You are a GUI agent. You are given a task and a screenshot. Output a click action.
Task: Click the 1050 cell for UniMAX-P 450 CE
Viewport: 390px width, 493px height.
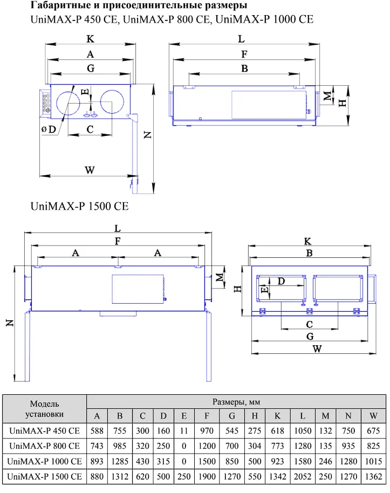coord(302,431)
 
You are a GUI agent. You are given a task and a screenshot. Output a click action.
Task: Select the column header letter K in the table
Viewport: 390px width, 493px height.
coord(277,416)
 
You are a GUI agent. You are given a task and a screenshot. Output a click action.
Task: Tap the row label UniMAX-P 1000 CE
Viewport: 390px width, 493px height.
coord(44,461)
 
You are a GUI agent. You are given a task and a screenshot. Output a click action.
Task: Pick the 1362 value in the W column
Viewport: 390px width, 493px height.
coord(373,476)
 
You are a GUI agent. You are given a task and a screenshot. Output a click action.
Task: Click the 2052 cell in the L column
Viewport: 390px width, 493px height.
coord(302,476)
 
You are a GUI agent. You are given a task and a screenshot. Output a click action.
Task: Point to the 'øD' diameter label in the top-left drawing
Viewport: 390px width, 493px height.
coord(49,129)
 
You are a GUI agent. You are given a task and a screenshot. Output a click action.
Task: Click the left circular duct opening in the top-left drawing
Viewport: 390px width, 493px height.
coord(68,103)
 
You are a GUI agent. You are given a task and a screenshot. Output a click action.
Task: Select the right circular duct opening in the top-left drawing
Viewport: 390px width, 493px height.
coord(112,101)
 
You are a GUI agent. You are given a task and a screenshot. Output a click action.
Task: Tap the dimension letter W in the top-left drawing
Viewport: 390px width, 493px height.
coord(90,170)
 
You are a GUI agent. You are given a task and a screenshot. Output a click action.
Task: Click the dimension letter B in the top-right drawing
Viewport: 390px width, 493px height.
coord(244,69)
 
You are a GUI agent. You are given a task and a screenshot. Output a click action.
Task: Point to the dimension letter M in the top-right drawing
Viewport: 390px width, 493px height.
coord(327,96)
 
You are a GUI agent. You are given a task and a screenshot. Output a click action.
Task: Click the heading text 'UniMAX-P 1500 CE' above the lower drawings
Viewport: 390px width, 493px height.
coord(80,206)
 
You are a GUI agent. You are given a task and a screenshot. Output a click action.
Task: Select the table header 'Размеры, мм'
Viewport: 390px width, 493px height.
coord(236,402)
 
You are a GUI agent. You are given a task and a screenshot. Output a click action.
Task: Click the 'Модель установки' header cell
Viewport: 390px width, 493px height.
coord(44,409)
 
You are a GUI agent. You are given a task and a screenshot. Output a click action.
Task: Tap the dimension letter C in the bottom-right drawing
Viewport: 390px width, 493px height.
coord(310,324)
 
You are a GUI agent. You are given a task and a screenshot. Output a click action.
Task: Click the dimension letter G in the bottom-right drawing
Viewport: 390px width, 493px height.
coord(310,337)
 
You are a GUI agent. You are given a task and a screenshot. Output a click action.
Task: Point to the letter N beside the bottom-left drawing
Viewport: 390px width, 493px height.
coord(10,323)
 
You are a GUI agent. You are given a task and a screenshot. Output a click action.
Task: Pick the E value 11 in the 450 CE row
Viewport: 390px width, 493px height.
coord(184,431)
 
